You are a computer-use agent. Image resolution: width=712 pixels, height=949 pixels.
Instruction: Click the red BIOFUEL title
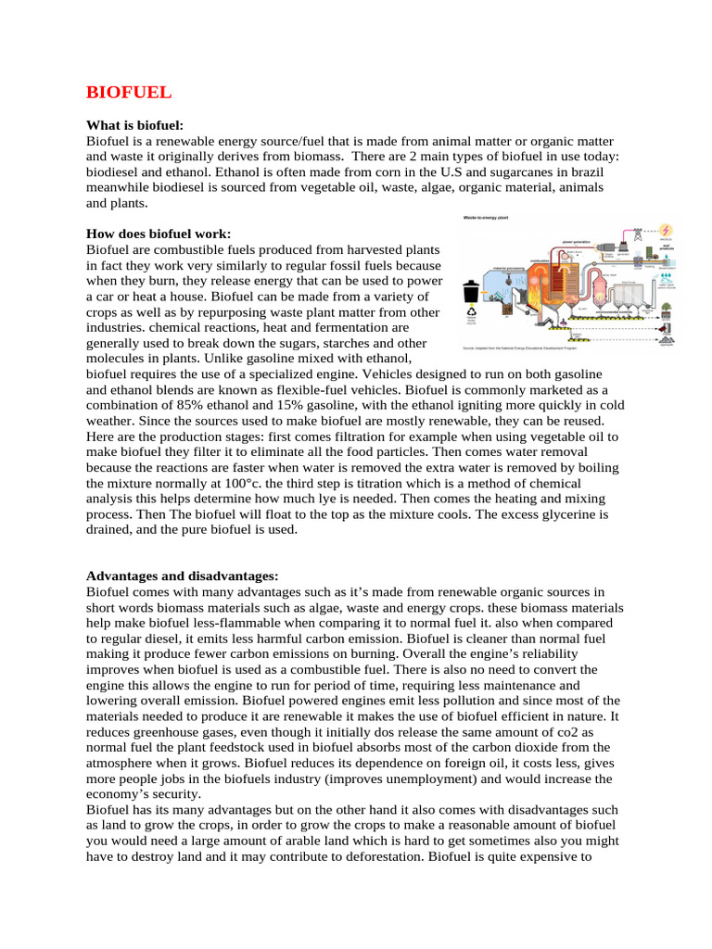[129, 93]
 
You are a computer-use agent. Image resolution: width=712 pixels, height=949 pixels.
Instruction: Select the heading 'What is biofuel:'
[134, 124]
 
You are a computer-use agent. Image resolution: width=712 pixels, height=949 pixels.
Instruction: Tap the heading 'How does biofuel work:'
[158, 234]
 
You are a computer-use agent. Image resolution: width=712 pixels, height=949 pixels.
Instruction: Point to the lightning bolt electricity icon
[666, 229]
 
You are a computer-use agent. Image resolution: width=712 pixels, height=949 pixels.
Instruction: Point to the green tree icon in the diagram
[666, 308]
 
